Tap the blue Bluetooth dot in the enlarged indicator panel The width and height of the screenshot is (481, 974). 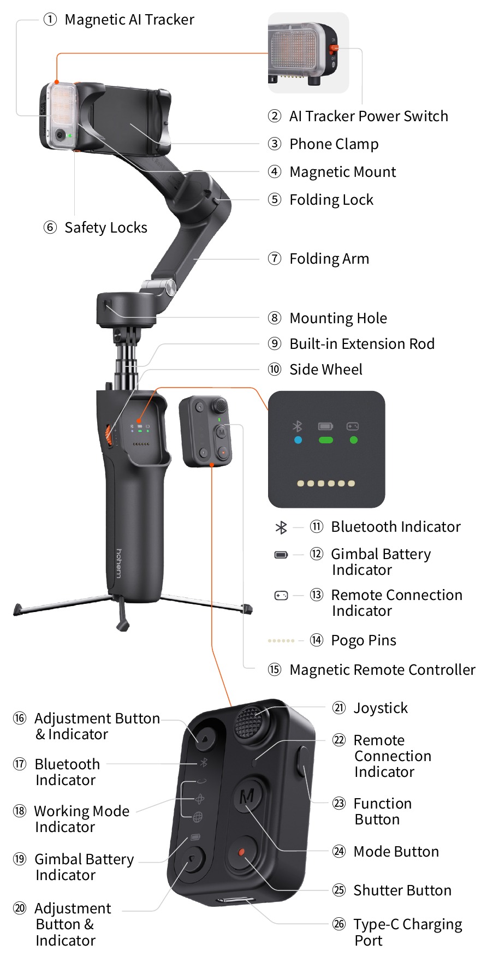coord(298,440)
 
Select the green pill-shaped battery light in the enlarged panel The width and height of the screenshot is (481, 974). coord(325,440)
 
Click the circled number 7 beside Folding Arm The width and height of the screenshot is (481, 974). coord(275,258)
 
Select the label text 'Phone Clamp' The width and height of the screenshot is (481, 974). coord(334,144)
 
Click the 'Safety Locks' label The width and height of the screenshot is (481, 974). coord(106,228)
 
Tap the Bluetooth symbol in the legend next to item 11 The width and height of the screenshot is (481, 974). coord(281,527)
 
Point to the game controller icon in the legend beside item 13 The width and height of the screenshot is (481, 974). coord(281,595)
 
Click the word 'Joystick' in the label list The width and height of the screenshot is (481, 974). coord(381,708)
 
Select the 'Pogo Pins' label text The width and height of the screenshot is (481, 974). coord(364,640)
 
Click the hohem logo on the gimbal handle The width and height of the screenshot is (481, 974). coord(119,563)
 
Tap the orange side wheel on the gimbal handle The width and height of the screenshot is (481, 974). coord(109,435)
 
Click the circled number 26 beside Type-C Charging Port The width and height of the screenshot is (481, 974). coord(339,924)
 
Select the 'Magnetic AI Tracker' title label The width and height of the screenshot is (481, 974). coord(129,20)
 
